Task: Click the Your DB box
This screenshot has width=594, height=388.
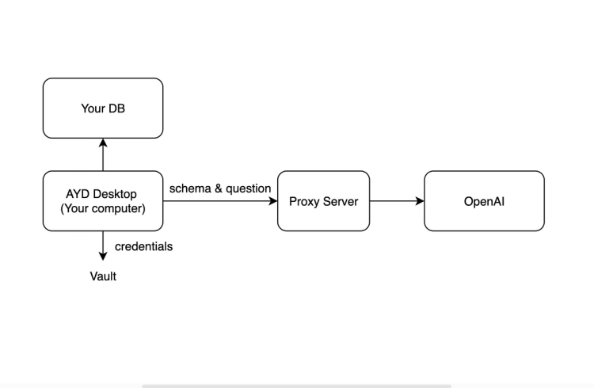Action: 103,108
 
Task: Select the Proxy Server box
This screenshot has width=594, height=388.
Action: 323,201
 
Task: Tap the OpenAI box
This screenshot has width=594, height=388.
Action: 484,201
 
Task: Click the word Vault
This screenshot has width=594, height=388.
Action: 103,276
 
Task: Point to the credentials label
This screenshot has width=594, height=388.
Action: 143,246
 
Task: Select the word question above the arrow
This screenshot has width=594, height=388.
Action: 249,188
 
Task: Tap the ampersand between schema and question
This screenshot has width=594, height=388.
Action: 218,188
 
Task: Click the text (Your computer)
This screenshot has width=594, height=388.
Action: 103,209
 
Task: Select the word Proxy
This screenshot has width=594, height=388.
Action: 304,201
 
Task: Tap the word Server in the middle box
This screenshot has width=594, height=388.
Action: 341,201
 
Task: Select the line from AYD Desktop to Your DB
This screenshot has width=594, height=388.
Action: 103,157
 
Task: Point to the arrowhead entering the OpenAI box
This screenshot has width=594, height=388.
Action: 420,201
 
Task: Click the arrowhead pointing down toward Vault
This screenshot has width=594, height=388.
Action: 103,256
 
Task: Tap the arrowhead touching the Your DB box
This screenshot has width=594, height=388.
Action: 103,143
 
